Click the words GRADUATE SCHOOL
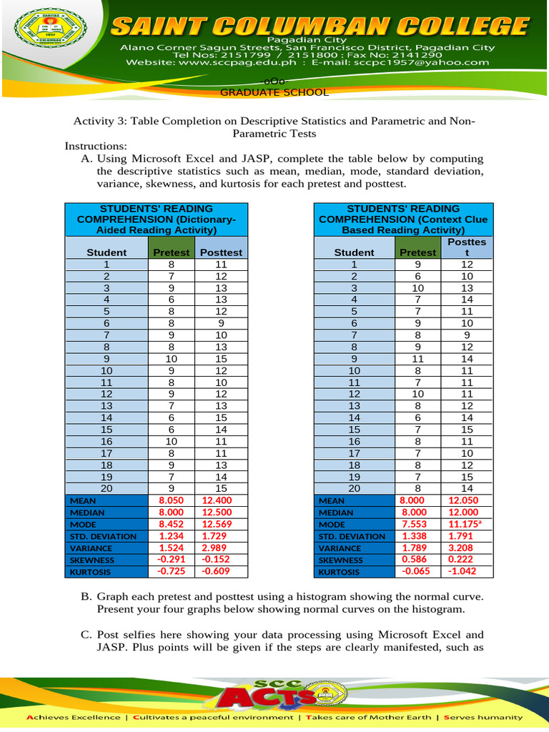pyautogui.click(x=274, y=92)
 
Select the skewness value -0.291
pyautogui.click(x=172, y=560)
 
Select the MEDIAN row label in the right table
pyautogui.click(x=336, y=513)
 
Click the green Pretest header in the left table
pyautogui.click(x=172, y=252)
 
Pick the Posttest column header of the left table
pyautogui.click(x=222, y=252)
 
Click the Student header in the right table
pyautogui.click(x=354, y=252)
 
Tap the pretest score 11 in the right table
pyautogui.click(x=417, y=359)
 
